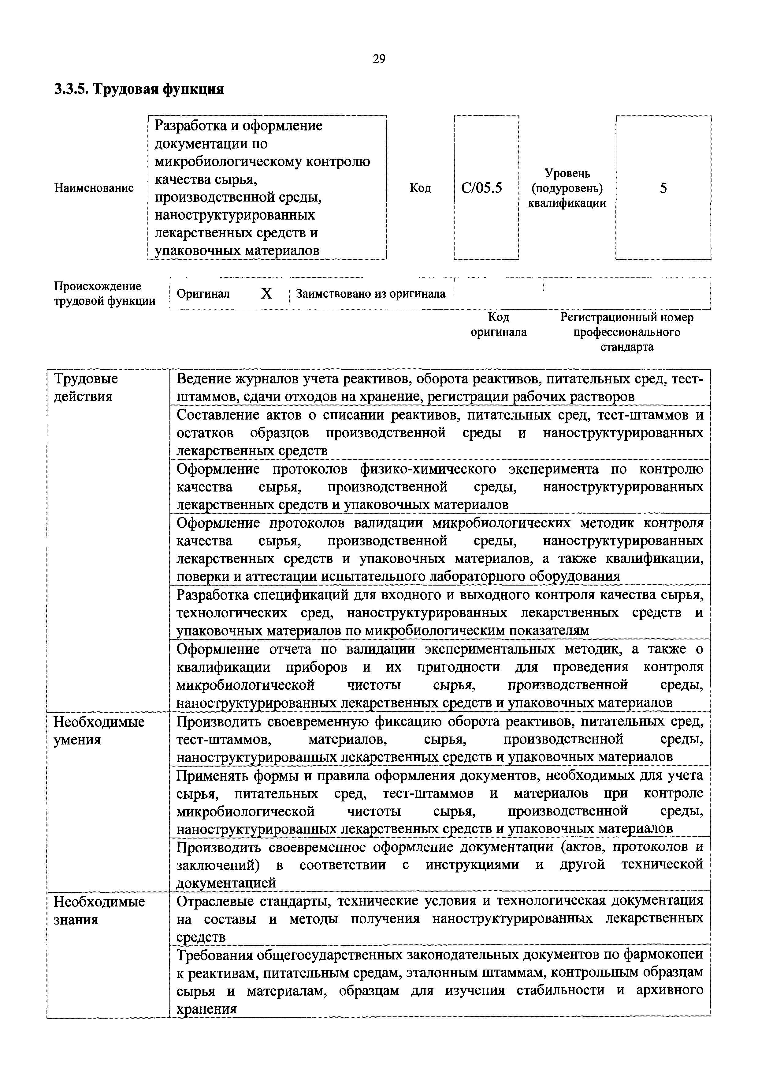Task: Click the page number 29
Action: [x=379, y=58]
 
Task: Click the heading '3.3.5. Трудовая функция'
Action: [x=139, y=89]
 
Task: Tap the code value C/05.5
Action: [x=481, y=188]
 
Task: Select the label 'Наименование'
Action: [x=94, y=188]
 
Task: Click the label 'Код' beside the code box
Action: [x=420, y=188]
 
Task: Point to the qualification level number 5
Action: [x=663, y=188]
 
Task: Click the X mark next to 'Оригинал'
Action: [x=266, y=294]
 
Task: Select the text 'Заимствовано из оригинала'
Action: [x=371, y=294]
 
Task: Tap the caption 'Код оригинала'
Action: [x=498, y=325]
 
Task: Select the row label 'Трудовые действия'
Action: [x=86, y=387]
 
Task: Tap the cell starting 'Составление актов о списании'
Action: [x=439, y=433]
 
